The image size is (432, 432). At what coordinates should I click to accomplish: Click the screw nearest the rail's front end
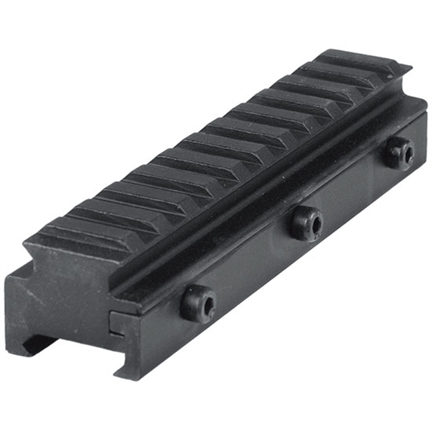click(198, 303)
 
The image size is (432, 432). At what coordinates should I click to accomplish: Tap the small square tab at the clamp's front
click(117, 325)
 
